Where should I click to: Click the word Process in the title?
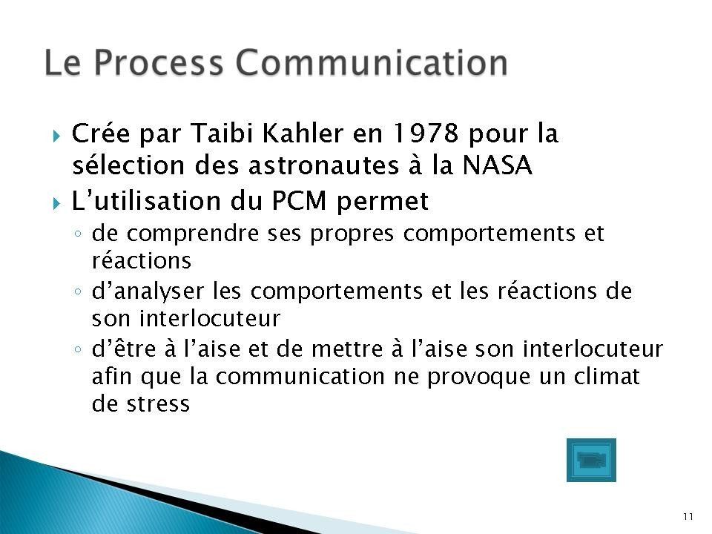click(x=159, y=62)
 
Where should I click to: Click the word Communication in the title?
click(x=371, y=62)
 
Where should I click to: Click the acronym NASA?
click(x=497, y=165)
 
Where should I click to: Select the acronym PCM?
click(x=299, y=200)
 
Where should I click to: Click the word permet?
click(x=383, y=201)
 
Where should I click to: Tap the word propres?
click(x=352, y=234)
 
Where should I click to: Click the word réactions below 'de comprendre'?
click(x=142, y=260)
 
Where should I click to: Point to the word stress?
click(x=158, y=404)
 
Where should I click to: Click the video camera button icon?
click(x=591, y=460)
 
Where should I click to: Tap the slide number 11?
click(x=688, y=516)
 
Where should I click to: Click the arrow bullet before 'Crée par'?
click(x=56, y=136)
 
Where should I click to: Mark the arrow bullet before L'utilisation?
click(x=56, y=203)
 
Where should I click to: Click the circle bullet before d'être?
click(x=78, y=349)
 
